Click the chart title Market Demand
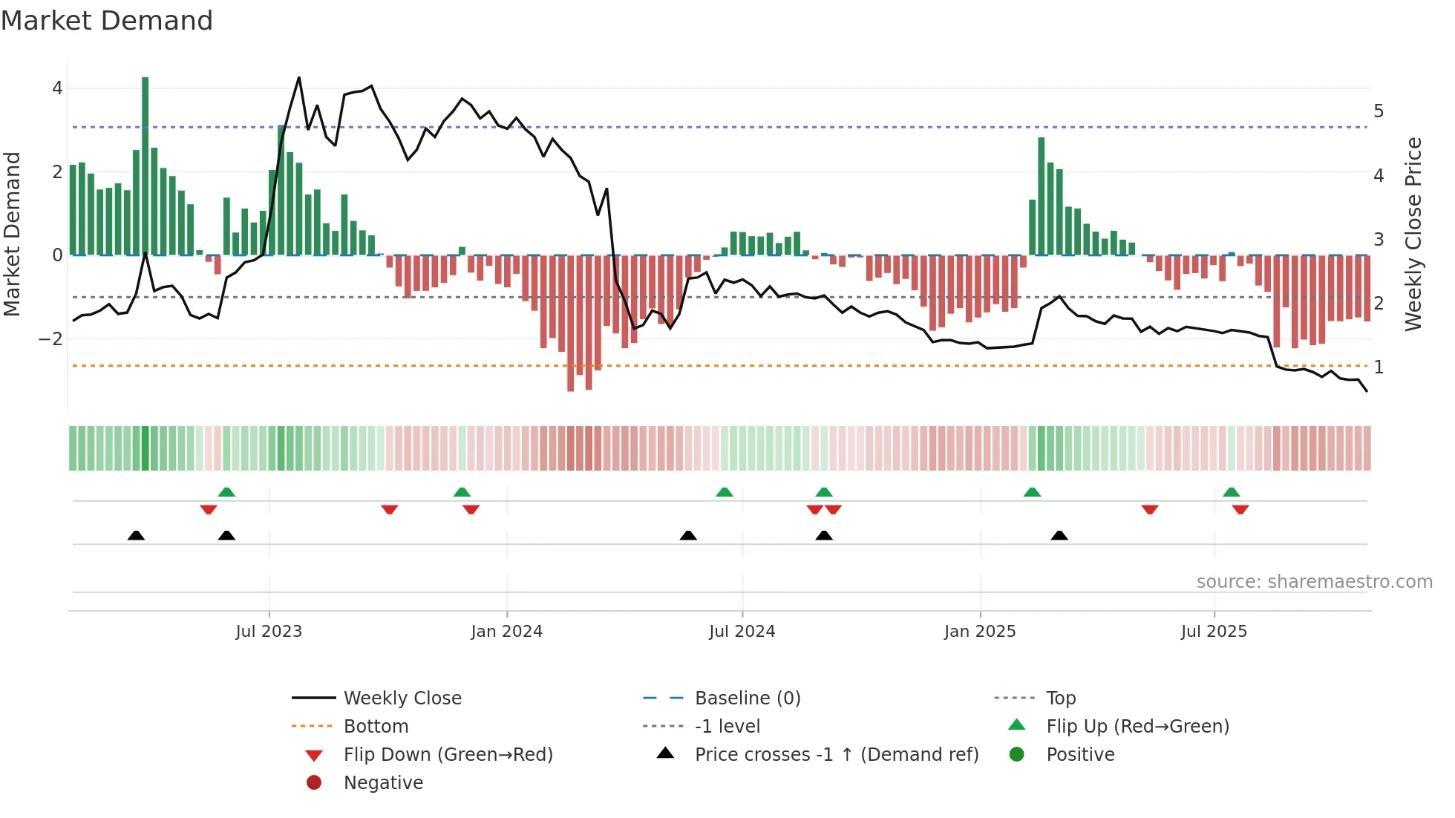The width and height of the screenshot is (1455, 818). [x=107, y=21]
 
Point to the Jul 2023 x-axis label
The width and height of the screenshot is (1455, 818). [x=269, y=632]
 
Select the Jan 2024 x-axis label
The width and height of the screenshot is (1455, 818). [x=507, y=632]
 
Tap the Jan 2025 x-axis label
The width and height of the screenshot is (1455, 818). [x=980, y=632]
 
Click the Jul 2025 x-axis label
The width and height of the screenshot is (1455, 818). [x=1214, y=632]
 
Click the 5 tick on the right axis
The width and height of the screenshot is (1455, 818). [x=1379, y=111]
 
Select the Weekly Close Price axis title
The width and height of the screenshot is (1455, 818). [x=1413, y=234]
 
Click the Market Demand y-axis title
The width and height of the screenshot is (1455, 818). [x=13, y=234]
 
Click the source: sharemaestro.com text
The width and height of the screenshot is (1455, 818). [x=1314, y=582]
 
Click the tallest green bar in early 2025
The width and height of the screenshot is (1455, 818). [x=1042, y=196]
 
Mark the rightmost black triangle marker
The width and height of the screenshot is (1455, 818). [x=1059, y=535]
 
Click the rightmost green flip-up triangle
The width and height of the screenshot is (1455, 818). [x=1232, y=492]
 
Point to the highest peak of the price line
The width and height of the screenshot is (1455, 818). [x=299, y=77]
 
